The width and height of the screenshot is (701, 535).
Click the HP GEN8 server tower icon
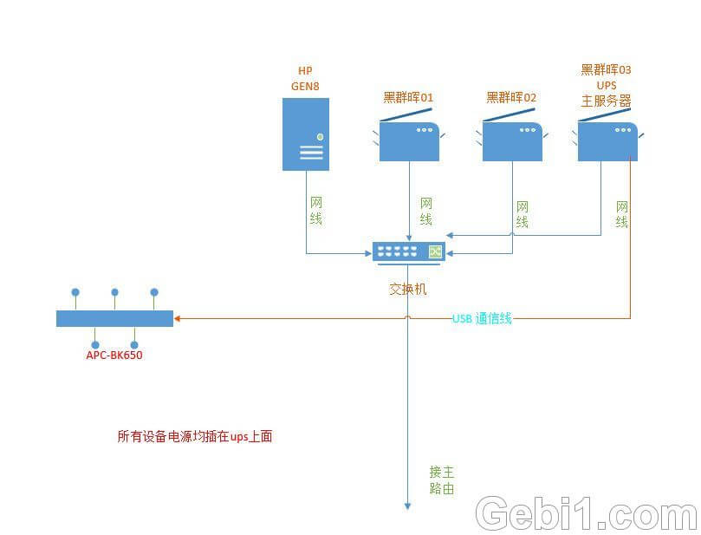point(306,134)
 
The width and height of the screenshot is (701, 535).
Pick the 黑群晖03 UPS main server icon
point(607,140)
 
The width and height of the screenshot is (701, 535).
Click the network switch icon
point(408,251)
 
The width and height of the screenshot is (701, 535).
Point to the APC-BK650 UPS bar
point(114,319)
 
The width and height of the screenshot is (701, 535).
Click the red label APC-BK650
point(114,355)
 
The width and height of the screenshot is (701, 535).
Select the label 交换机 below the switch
point(407,289)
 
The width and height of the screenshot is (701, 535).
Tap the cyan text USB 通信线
point(482,318)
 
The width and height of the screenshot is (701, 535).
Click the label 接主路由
point(442,480)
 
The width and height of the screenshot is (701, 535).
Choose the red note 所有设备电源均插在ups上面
point(195,437)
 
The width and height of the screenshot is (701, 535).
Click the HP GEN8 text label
point(306,78)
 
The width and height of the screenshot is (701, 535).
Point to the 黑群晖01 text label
point(408,97)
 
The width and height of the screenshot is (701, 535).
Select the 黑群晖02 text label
point(511,97)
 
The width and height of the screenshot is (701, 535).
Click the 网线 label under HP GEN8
point(316,211)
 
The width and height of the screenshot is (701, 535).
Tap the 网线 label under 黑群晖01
point(425,212)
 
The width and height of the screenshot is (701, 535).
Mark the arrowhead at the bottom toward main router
point(408,506)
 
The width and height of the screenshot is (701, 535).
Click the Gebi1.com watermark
point(586,514)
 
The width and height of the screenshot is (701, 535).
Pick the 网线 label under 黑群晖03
point(622,214)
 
